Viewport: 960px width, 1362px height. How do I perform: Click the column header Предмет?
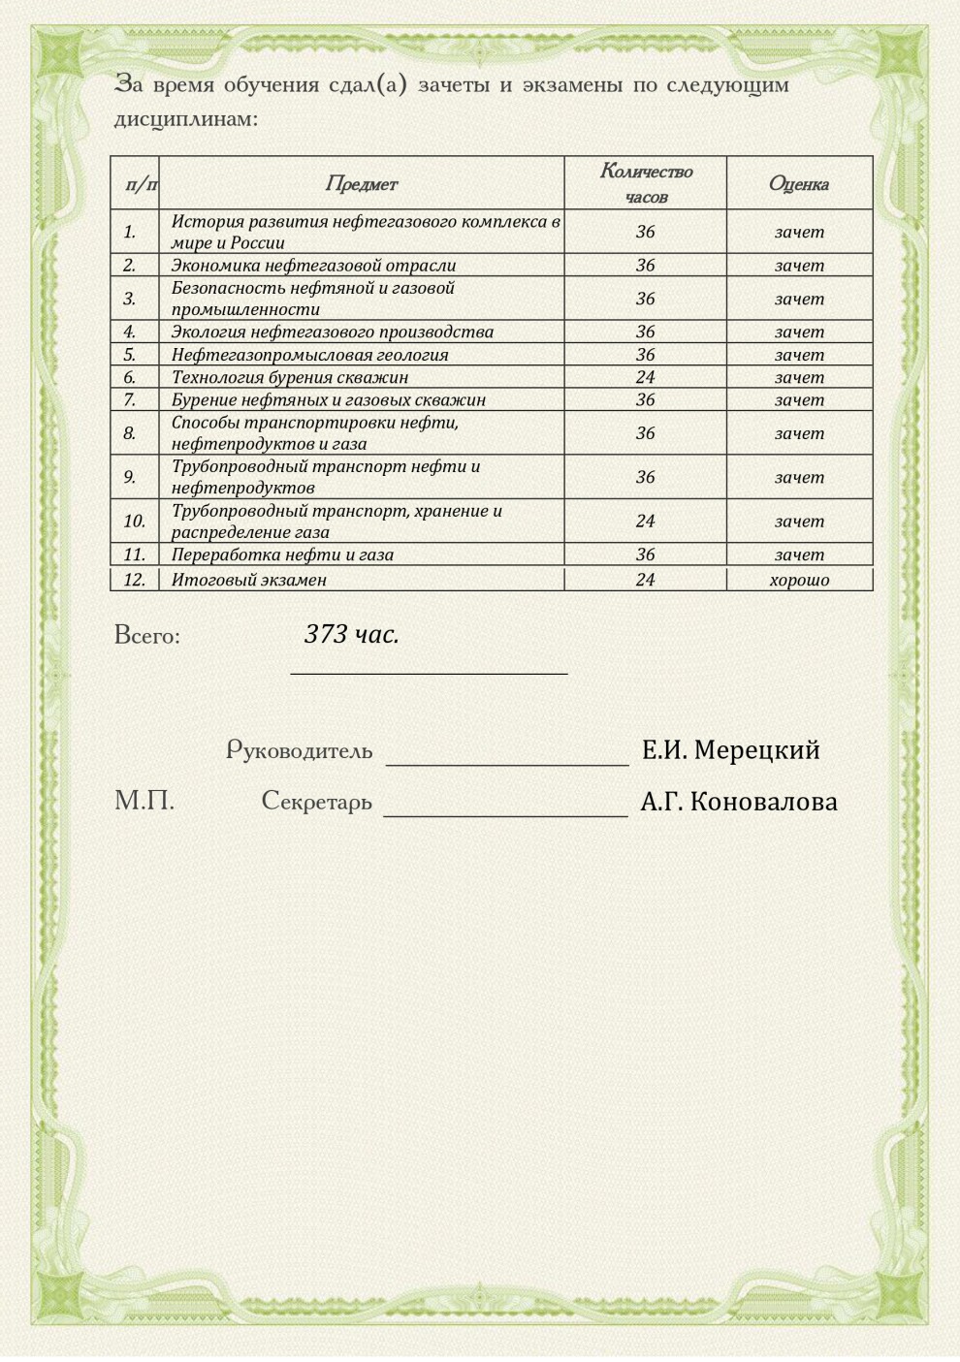point(361,183)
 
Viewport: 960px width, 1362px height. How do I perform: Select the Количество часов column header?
point(646,183)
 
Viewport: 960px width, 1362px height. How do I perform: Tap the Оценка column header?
point(799,183)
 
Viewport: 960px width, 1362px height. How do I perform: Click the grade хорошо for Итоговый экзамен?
point(799,580)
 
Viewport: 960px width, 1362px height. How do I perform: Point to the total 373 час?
point(352,634)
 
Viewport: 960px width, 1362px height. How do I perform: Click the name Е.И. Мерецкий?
point(730,749)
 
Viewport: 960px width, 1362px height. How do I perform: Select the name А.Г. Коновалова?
point(739,802)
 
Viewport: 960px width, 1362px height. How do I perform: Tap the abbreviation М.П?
point(144,801)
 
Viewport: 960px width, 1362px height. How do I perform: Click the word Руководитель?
point(299,750)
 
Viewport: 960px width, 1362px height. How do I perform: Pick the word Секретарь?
point(316,802)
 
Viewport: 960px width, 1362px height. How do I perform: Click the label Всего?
point(147,636)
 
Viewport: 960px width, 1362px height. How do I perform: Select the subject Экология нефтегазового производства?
point(332,332)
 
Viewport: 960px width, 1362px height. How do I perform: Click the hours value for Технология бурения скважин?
point(646,377)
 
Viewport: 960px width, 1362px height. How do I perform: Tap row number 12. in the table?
point(134,580)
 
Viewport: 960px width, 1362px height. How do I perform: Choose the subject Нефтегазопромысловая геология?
point(309,355)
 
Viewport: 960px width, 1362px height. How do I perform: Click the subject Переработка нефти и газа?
point(282,554)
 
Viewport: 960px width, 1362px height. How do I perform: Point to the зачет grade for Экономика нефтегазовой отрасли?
point(799,265)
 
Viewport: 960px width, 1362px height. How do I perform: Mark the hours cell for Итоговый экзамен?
point(646,580)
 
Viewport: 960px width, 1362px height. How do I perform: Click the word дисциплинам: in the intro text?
point(186,119)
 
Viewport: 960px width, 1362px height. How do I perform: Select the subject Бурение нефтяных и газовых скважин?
point(328,399)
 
